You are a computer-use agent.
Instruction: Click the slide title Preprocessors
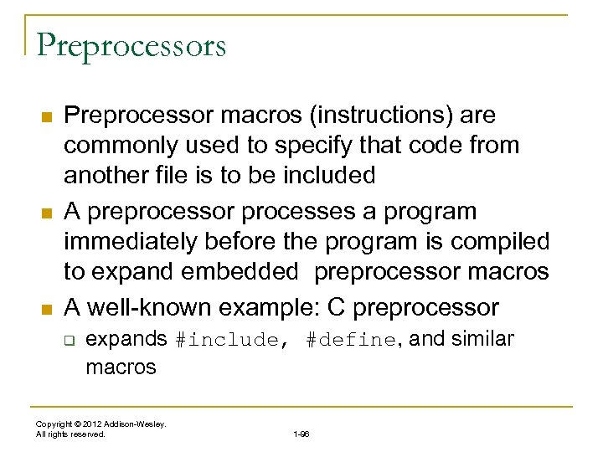(x=131, y=45)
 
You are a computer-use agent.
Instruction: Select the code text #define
(x=349, y=341)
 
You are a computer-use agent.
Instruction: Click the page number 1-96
(x=301, y=434)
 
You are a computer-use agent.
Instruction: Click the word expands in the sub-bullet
(x=127, y=340)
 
